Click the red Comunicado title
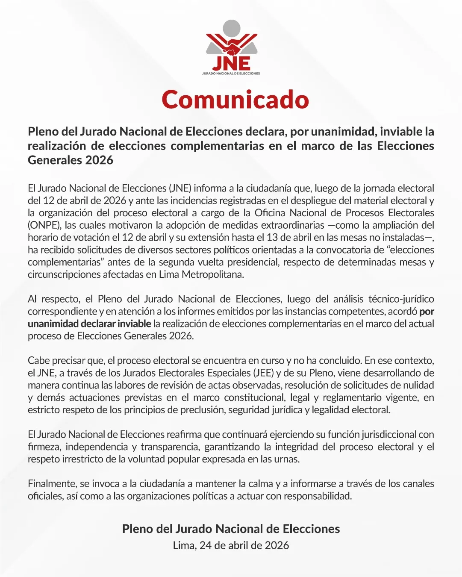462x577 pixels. click(235, 100)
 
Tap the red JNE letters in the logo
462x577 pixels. click(231, 63)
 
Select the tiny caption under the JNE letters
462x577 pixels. click(231, 74)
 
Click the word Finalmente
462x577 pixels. click(52, 484)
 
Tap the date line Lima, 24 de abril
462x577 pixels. click(231, 545)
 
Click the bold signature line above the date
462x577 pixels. click(231, 529)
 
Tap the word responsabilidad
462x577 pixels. click(318, 496)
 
